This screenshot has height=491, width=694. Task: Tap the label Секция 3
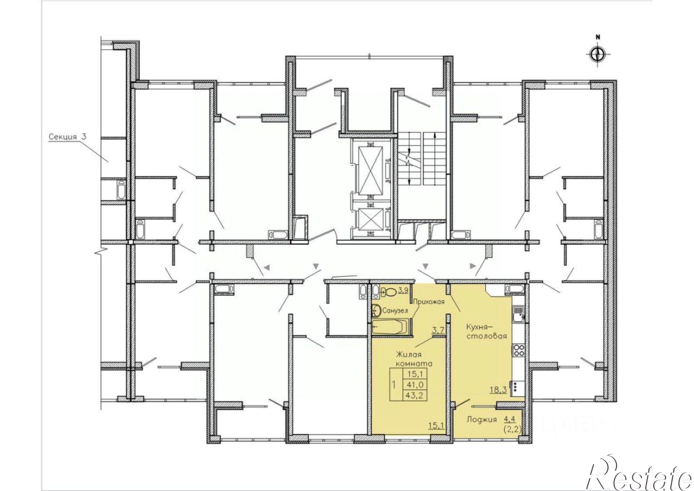tap(67, 136)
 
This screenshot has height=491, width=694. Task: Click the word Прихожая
tap(428, 301)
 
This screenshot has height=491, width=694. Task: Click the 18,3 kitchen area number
tap(498, 390)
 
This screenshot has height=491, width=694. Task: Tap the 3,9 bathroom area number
tap(403, 290)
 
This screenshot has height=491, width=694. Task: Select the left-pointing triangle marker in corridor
tap(267, 267)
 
